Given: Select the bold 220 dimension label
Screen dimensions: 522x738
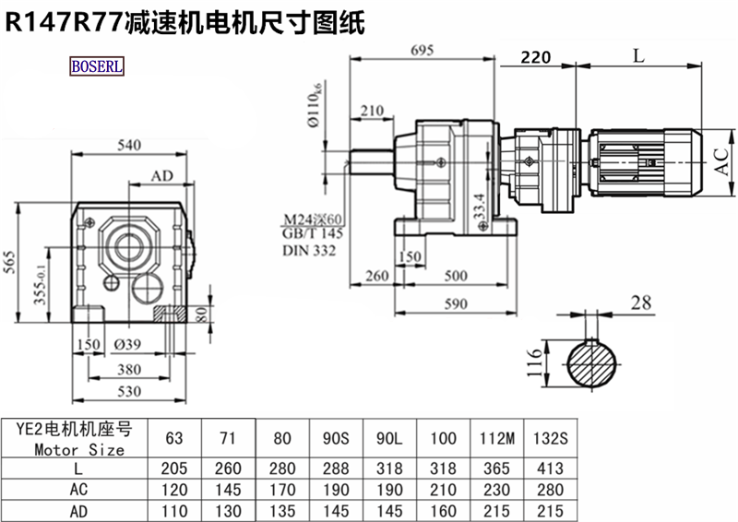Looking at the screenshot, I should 536,57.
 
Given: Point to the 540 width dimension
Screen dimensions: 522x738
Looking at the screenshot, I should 131,145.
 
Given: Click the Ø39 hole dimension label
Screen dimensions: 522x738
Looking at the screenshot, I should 128,345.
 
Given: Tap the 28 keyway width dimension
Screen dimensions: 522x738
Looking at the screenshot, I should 641,303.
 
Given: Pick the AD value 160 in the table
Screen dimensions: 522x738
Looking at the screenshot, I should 443,509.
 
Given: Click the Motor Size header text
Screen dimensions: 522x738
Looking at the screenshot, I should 79,450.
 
